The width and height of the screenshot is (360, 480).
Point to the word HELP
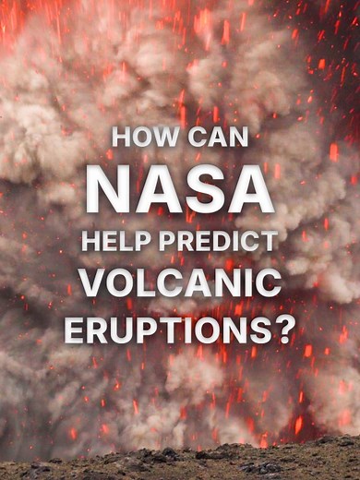[117, 242]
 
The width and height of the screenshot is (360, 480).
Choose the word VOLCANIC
[180, 284]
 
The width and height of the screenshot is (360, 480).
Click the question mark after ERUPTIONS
[287, 329]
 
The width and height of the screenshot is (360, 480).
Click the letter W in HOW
[158, 138]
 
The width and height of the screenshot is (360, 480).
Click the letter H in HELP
[91, 242]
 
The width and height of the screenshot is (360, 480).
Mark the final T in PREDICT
[269, 242]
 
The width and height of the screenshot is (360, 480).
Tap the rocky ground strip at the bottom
[180, 462]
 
